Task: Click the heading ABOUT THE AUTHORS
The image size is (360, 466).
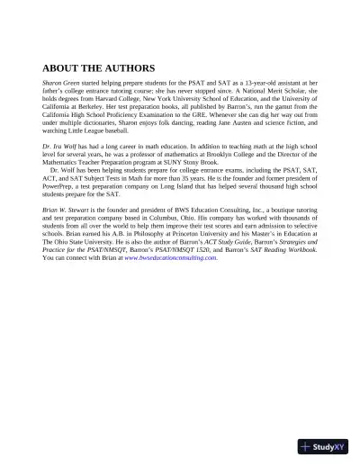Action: point(99,67)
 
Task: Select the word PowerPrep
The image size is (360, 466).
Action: point(61,191)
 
